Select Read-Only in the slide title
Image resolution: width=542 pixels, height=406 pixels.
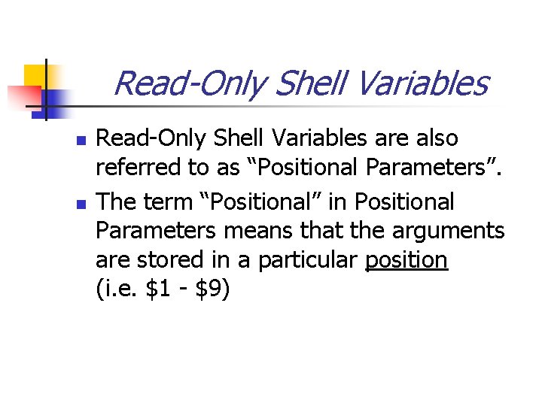(190, 83)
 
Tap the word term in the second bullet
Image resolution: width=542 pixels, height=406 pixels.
(172, 202)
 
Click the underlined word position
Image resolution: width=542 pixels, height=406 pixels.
(406, 260)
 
